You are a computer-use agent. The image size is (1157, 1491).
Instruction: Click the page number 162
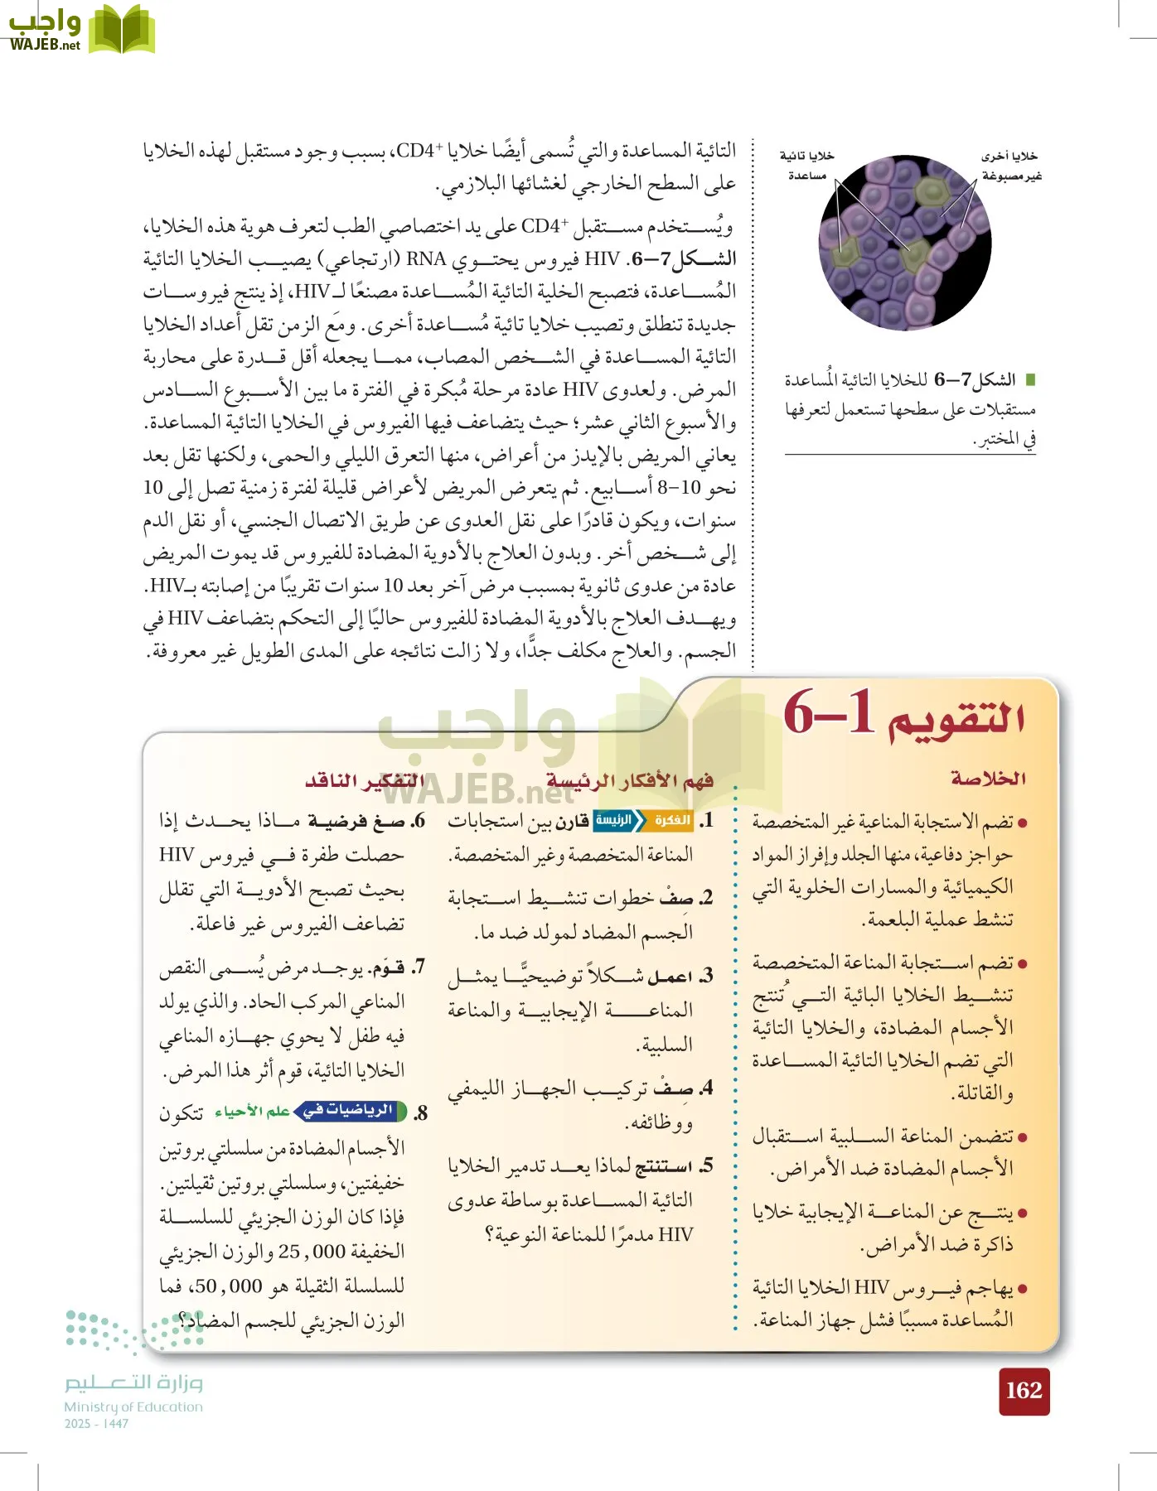coord(1024,1391)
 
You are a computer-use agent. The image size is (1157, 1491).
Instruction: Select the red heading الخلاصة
coord(988,779)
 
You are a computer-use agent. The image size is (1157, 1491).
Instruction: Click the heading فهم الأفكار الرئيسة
coord(630,780)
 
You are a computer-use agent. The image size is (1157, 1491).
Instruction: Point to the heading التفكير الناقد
coord(364,780)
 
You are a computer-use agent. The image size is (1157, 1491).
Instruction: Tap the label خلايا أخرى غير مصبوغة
coord(1010,166)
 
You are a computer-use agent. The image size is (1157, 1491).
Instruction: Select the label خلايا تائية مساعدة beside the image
coord(806,165)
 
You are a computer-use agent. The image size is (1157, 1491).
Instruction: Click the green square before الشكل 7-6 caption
coord(1030,380)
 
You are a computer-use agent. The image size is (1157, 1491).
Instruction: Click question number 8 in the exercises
coord(421,1113)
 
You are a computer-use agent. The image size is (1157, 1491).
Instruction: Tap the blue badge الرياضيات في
coord(349,1111)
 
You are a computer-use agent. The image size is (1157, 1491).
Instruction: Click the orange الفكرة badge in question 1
coord(671,820)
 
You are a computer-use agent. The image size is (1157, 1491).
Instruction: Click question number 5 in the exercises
coord(705,1166)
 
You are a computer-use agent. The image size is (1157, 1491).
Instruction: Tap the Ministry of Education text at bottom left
coord(133,1407)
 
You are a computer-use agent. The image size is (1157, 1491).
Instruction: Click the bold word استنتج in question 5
coord(663,1166)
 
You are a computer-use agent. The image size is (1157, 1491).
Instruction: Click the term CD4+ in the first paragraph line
coord(419,151)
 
